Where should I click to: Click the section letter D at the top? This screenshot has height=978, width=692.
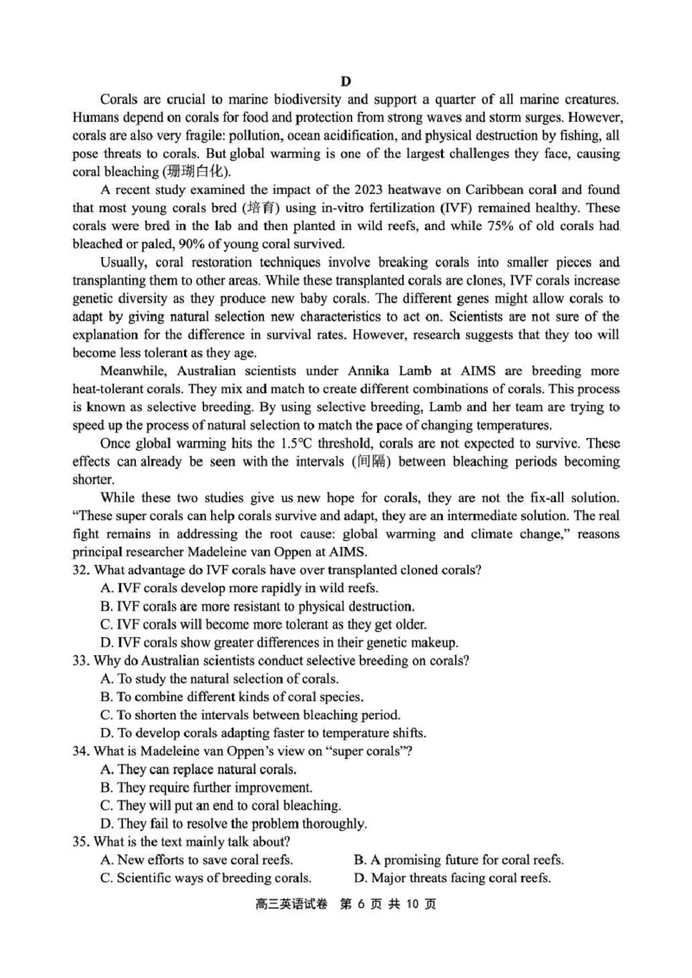tap(345, 81)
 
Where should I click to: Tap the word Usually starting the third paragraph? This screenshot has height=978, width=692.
tap(125, 262)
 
